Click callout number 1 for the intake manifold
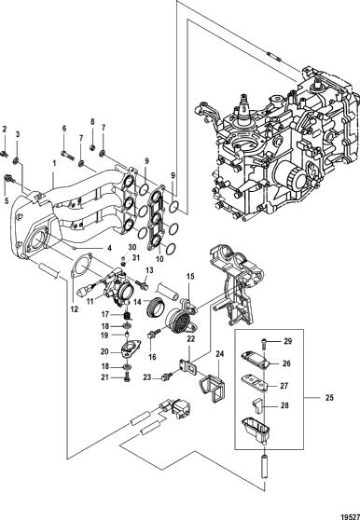(x=54, y=163)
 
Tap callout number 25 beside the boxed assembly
(x=329, y=398)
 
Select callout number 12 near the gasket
(x=74, y=309)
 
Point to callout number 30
(x=132, y=247)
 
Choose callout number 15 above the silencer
(x=189, y=276)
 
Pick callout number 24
(x=220, y=354)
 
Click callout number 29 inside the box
(x=287, y=341)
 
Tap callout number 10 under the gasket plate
(x=159, y=258)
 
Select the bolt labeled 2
(x=5, y=154)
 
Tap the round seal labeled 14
(x=155, y=307)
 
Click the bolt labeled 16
(x=154, y=333)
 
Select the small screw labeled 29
(x=264, y=341)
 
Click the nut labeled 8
(x=93, y=146)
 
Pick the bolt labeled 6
(x=67, y=155)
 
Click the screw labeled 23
(x=167, y=376)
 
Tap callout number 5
(x=6, y=201)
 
